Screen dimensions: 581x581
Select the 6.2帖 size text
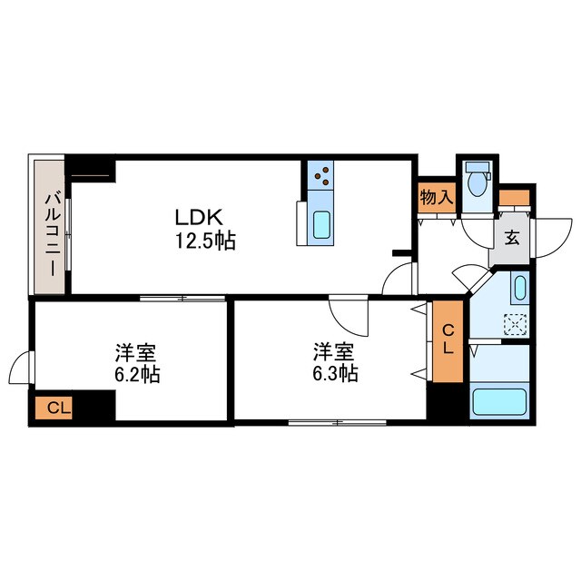pos(137,373)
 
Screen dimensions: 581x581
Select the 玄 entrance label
pos(511,239)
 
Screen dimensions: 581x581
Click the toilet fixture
pos(475,182)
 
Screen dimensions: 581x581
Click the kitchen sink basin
pos(321,223)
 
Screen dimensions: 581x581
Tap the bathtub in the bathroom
pos(499,400)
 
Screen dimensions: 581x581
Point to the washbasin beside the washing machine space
pos(518,290)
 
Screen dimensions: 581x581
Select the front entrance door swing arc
pos(547,238)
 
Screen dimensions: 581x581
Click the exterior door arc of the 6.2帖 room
pos(20,369)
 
